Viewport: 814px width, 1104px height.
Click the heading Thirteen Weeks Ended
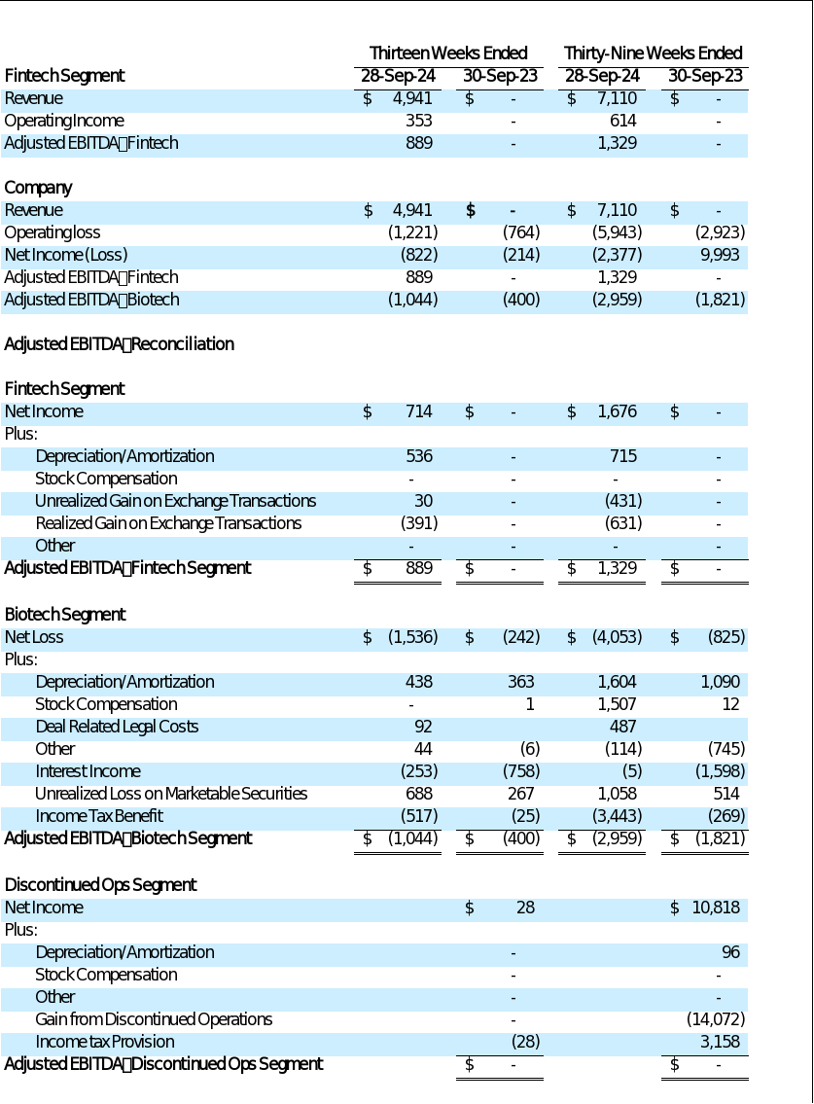[x=448, y=53]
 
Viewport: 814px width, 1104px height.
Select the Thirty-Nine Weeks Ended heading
[x=653, y=53]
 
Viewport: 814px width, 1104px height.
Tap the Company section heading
[x=38, y=188]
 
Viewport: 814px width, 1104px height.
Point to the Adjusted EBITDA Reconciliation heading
[x=119, y=344]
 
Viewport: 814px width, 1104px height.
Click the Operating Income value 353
[x=418, y=121]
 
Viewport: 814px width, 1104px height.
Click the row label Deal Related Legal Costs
[x=117, y=727]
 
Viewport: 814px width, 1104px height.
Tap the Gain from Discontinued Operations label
[x=154, y=1019]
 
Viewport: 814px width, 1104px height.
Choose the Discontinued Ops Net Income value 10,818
[x=716, y=908]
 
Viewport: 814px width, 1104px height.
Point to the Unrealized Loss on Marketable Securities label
[x=171, y=794]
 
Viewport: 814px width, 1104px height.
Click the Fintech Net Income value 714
[x=418, y=411]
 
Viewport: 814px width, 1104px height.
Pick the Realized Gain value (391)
[x=419, y=523]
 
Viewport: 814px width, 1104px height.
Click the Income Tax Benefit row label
[x=99, y=816]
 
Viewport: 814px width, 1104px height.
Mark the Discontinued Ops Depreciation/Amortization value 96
[x=730, y=952]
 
